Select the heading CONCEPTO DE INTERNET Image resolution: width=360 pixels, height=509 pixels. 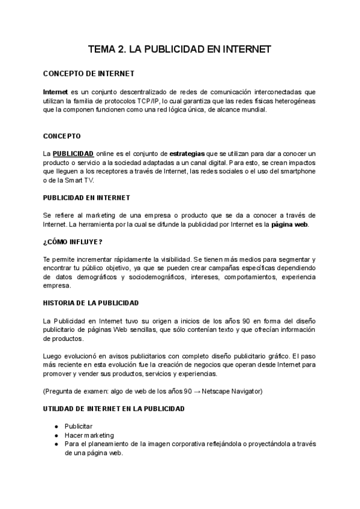[88, 73]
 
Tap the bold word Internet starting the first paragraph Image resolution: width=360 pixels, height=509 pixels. [55, 92]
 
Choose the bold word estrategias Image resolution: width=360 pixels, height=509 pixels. [187, 154]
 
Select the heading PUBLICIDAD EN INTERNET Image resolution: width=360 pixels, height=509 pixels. [87, 197]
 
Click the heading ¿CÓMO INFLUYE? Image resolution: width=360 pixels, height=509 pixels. [73, 242]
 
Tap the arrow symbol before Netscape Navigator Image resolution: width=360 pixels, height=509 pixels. [197, 391]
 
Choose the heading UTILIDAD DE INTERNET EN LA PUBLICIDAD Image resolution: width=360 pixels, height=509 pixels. [114, 409]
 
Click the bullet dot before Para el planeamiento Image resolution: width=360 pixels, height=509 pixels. [56, 444]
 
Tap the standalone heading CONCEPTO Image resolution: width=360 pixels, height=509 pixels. [62, 136]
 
